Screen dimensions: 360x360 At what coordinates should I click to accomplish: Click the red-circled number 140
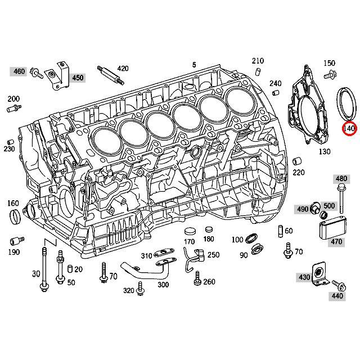pos(349,129)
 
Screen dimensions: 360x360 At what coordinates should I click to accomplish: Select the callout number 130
pos(325,151)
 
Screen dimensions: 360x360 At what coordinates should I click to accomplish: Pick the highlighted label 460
pos(19,71)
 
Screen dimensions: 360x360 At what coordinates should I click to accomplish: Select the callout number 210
pos(258,61)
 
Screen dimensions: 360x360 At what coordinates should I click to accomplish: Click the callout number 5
pos(193,65)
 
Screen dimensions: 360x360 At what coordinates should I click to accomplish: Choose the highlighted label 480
pos(341,179)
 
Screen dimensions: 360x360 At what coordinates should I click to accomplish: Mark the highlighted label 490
pos(303,209)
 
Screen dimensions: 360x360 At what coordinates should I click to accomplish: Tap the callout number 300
pos(163,285)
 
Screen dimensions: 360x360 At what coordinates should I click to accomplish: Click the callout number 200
pos(13,98)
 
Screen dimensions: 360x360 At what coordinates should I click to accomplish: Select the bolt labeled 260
pos(197,277)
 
